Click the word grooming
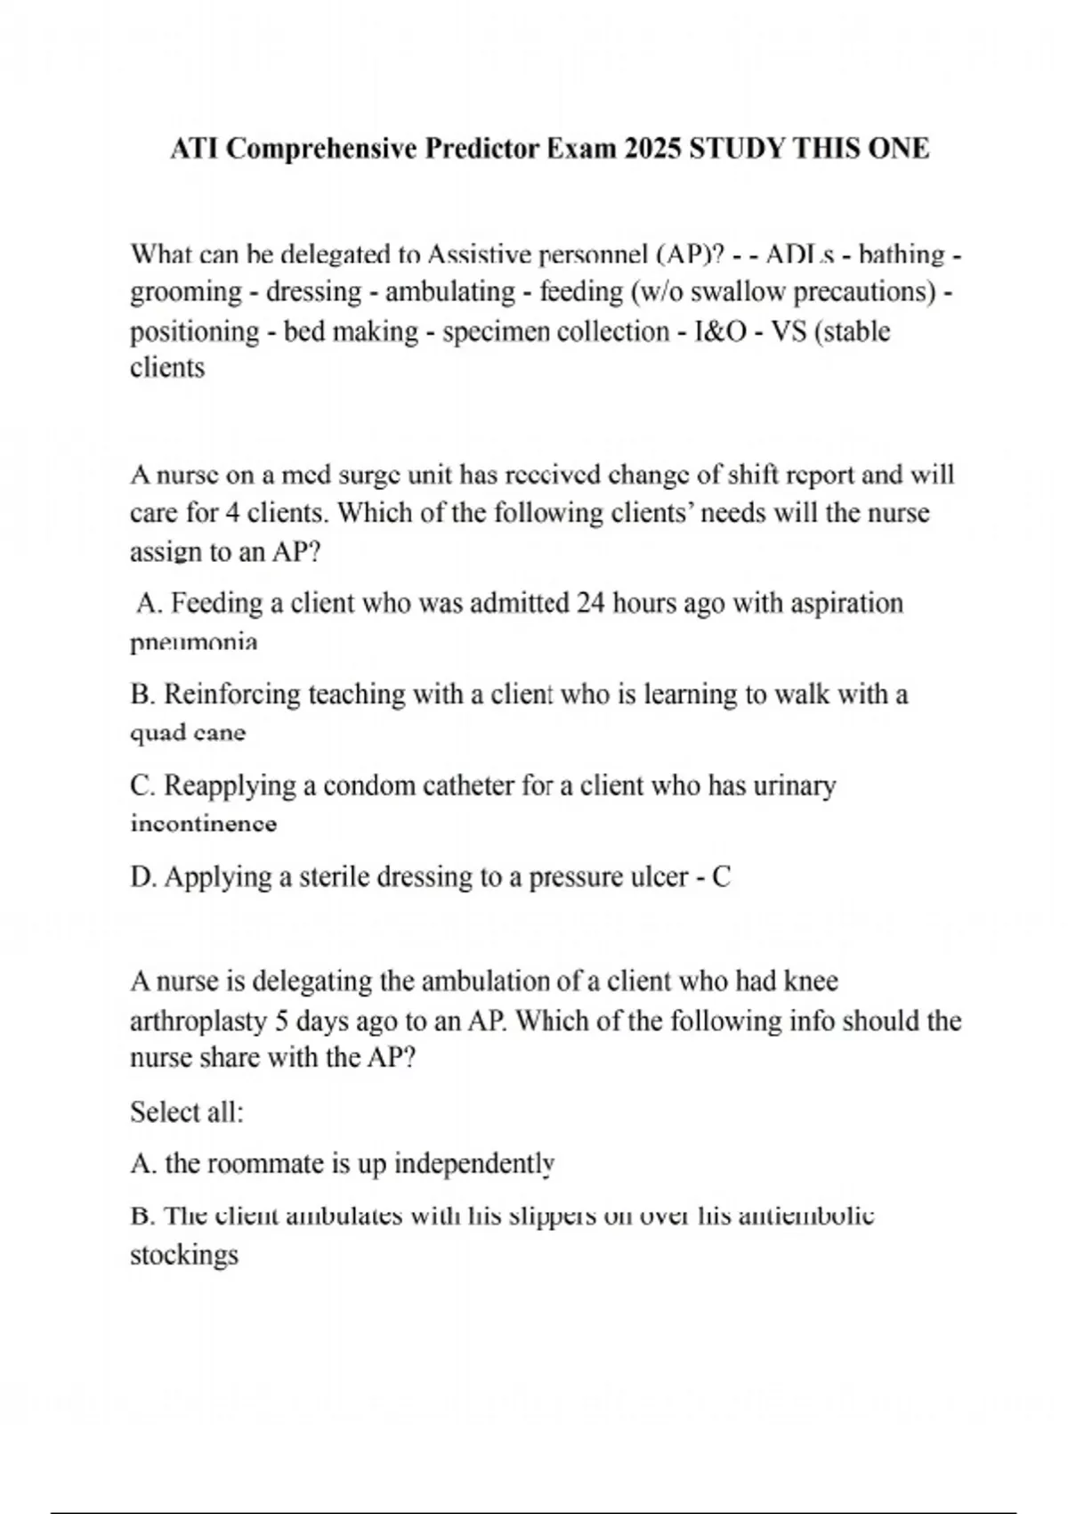click(x=186, y=293)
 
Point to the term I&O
click(x=720, y=331)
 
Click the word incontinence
click(x=204, y=824)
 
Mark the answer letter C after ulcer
click(x=722, y=877)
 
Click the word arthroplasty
click(x=198, y=1021)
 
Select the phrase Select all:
click(x=187, y=1112)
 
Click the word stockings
click(x=184, y=1256)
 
